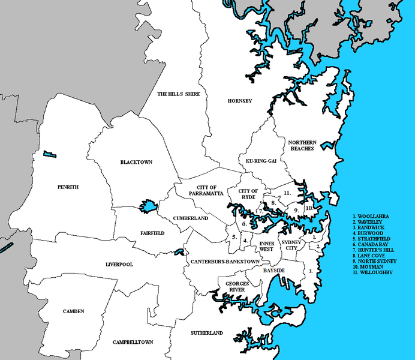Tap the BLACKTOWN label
137,163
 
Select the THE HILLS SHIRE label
179,94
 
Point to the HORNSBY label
240,101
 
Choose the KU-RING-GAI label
259,161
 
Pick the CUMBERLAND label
190,218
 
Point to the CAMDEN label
73,311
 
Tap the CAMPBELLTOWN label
133,342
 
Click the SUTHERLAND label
207,332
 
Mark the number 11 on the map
287,193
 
